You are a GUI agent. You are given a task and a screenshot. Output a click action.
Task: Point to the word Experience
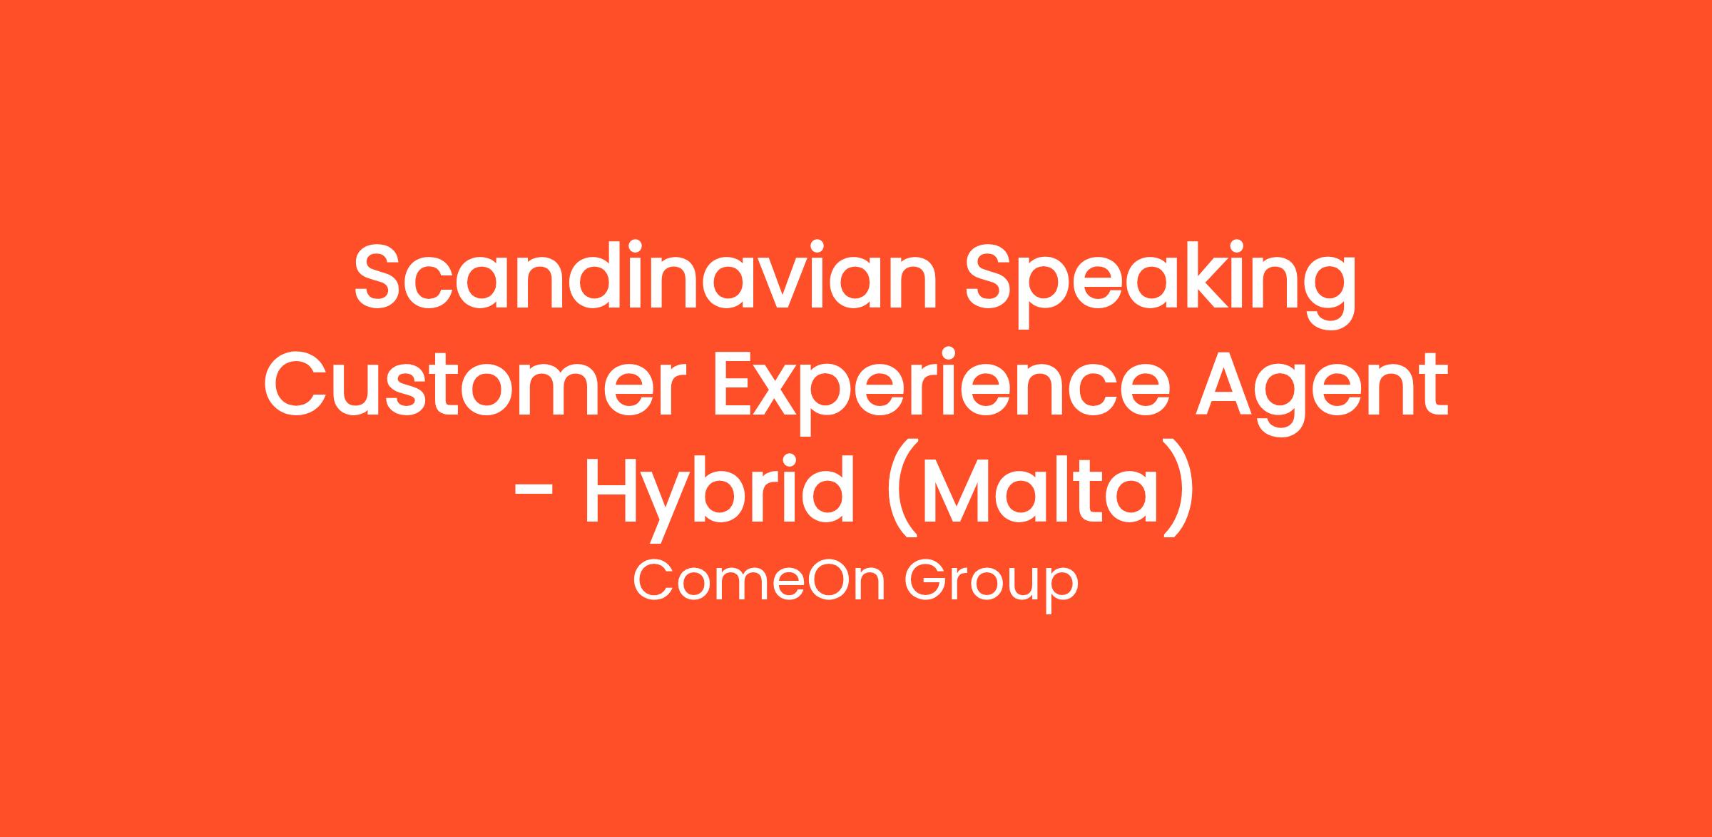tap(942, 392)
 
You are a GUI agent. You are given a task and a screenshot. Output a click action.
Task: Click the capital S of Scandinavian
tap(380, 276)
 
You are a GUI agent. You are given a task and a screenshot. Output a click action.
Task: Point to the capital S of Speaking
tap(992, 276)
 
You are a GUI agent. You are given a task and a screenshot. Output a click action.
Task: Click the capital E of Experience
tap(737, 383)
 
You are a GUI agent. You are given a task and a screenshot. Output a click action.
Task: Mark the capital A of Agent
tap(1228, 383)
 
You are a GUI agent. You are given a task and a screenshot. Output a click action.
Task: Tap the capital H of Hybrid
tap(613, 489)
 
